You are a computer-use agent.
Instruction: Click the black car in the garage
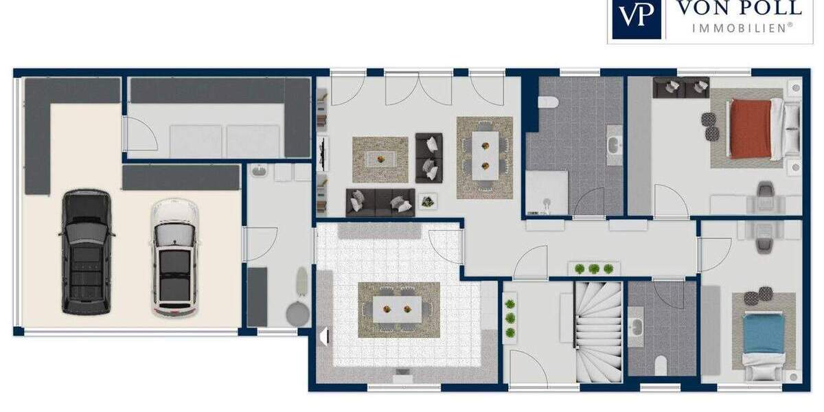[x=87, y=252]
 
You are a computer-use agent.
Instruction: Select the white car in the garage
[x=173, y=257]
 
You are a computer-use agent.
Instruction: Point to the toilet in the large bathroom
[x=548, y=103]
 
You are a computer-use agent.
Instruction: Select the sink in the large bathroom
[x=613, y=145]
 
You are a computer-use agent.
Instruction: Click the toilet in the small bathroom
[x=660, y=365]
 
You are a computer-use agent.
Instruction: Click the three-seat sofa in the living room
[x=380, y=202]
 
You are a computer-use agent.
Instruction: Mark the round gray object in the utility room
[x=297, y=314]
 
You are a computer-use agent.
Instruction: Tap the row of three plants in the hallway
[x=593, y=268]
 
